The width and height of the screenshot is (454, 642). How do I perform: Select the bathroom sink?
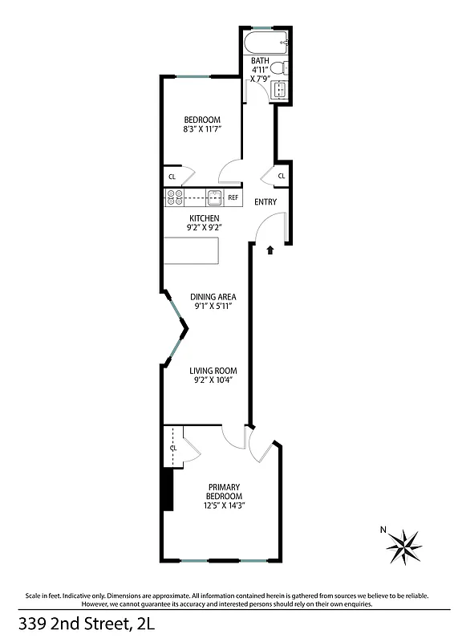coord(280,90)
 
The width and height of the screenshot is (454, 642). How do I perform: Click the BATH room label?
coord(260,61)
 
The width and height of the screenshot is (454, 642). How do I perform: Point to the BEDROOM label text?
coord(202,120)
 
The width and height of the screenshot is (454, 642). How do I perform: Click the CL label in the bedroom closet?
coord(172,177)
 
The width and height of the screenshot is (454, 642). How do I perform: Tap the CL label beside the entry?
coord(282,177)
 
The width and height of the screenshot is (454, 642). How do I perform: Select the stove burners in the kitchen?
coord(176,197)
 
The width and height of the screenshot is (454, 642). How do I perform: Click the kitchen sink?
coord(214,197)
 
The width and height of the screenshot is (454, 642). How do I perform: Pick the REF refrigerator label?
coord(233,197)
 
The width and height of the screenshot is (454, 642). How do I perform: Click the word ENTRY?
coord(266,202)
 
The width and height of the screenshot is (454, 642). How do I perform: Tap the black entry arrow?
coord(270,250)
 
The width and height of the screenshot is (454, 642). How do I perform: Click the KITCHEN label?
coord(205,218)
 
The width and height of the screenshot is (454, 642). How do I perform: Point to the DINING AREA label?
coord(213,297)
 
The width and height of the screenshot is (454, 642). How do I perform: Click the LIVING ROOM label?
coord(213,371)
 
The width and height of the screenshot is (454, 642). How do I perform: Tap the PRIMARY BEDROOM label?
coord(225,492)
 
